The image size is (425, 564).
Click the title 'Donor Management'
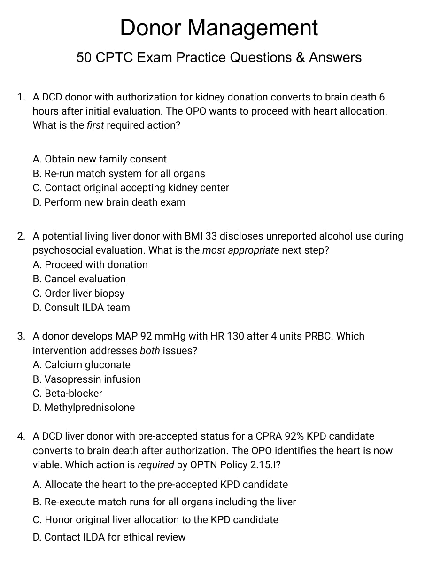point(219,28)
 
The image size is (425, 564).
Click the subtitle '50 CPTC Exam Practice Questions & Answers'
point(219,58)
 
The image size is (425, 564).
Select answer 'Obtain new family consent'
point(100,159)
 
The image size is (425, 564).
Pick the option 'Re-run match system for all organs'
point(119,173)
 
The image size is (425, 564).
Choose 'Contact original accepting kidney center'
point(131,188)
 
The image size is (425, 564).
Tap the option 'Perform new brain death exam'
point(109,202)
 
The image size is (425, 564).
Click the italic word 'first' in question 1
point(95,126)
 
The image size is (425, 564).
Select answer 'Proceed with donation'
point(90,265)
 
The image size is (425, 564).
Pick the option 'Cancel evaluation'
point(79,279)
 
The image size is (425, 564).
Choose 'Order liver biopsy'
point(78,294)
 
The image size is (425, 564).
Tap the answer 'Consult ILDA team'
point(81,308)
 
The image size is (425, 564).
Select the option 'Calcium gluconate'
point(82,365)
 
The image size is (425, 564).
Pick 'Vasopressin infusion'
point(87,379)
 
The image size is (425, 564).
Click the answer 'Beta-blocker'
point(68,394)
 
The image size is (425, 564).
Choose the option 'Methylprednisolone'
point(84,408)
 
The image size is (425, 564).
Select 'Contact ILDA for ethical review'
point(109,537)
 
